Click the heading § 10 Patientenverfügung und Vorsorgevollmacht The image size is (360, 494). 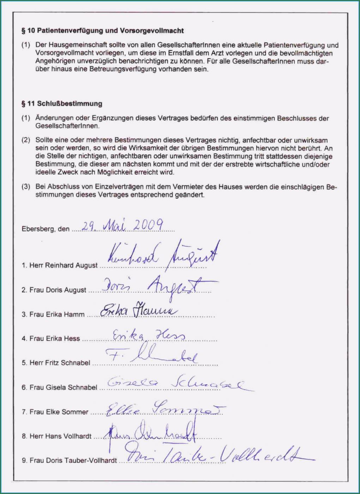coord(102,31)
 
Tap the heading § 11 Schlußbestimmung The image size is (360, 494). coord(62,104)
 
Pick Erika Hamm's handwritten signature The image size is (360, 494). coord(138,311)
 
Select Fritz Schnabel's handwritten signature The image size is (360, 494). coord(152,355)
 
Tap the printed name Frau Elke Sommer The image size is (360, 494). coord(55,412)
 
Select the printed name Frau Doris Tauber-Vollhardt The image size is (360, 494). coord(69,460)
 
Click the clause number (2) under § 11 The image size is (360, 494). coord(26,140)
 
